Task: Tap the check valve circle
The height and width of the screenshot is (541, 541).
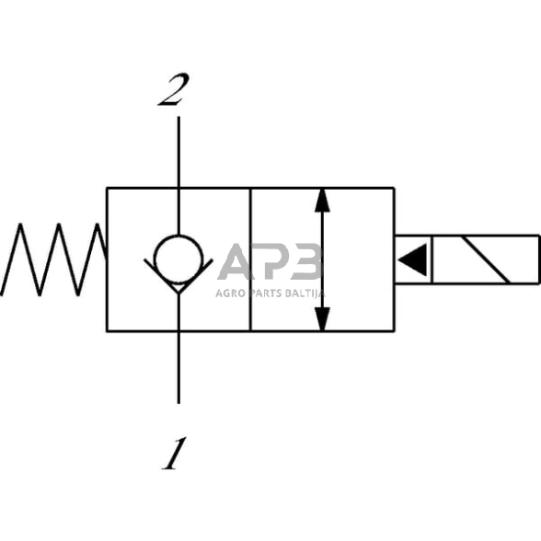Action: (x=178, y=258)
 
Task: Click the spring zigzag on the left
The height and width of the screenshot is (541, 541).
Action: (x=55, y=259)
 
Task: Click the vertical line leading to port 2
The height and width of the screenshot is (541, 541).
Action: (x=178, y=152)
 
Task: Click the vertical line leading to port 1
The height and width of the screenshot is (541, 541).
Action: (x=178, y=368)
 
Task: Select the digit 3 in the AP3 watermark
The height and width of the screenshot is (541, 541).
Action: (x=305, y=261)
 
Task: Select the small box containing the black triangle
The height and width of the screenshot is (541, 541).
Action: (x=413, y=259)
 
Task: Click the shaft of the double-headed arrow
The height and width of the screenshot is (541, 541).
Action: (x=322, y=259)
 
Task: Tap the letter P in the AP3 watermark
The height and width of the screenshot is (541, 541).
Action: (x=271, y=261)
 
